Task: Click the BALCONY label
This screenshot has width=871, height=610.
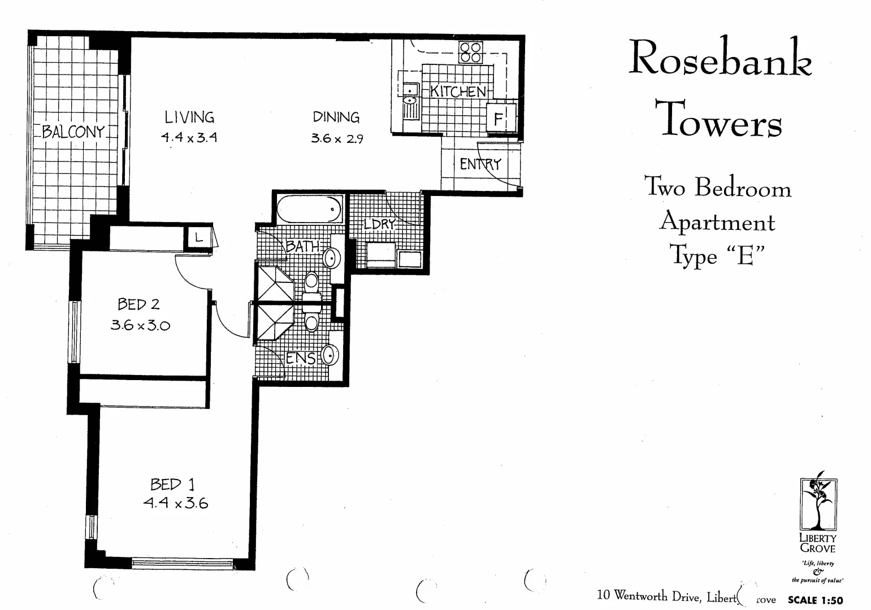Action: [73, 132]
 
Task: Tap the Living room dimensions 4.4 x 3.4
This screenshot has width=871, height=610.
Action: [189, 137]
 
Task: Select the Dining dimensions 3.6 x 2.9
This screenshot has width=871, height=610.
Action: [336, 138]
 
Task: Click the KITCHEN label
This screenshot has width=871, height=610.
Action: [458, 91]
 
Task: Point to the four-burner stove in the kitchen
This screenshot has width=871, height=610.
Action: [470, 53]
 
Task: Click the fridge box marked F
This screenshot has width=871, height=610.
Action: [499, 119]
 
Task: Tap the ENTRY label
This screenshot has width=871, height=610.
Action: [480, 164]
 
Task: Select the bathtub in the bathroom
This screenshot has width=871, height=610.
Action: [309, 209]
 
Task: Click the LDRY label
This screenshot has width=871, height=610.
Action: [379, 224]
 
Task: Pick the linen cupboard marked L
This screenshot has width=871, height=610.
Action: [198, 238]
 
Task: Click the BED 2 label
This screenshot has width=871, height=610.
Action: [138, 304]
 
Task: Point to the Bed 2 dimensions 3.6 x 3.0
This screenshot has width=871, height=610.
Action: [140, 325]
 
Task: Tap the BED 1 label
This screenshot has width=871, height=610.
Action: [172, 484]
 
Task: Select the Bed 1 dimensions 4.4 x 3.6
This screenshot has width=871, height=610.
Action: [175, 503]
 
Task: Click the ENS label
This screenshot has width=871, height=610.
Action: [300, 358]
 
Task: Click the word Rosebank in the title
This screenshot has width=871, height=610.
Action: [720, 58]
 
